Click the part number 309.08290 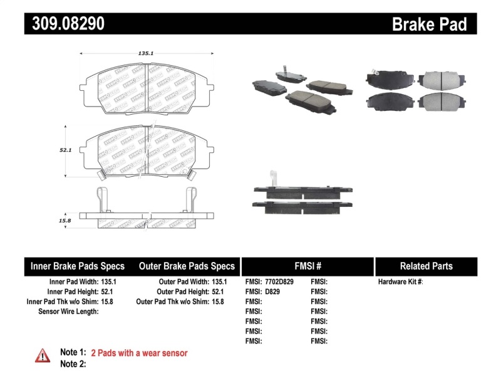(65, 24)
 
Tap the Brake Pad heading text (429, 24)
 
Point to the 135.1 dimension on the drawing (145, 54)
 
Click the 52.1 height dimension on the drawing (66, 150)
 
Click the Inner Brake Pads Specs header (78, 266)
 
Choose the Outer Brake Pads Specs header (187, 266)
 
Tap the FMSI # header (307, 266)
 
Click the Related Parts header (426, 266)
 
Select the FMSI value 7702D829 (279, 282)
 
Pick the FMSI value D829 (271, 292)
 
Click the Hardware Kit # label (400, 282)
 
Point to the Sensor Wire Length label (68, 312)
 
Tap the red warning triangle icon (43, 355)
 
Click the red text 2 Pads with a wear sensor (139, 353)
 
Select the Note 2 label (73, 364)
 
